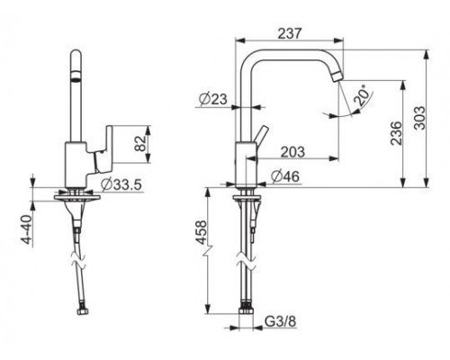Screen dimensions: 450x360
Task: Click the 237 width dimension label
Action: coord(289,33)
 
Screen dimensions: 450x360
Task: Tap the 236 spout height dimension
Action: coord(396,133)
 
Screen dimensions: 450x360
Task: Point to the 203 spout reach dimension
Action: coord(292,152)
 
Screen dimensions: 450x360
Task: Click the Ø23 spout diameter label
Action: coord(213,99)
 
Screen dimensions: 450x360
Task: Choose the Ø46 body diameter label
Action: coord(285,176)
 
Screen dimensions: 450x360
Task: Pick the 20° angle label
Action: coord(362,94)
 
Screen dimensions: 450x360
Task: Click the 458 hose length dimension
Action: coord(201,232)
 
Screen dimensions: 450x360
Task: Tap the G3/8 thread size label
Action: coord(281,321)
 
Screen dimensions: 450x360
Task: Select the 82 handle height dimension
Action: coord(140,144)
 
